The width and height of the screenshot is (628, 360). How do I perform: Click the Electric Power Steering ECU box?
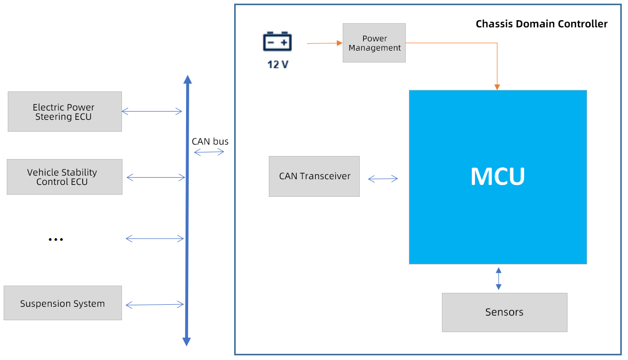65,112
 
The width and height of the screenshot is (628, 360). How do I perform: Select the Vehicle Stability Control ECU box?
65,177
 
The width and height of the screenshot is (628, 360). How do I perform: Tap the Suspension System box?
63,303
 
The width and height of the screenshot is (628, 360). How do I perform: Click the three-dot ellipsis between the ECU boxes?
55,240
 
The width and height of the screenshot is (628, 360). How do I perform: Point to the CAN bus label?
210,142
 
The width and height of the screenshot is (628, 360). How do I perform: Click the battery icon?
278,41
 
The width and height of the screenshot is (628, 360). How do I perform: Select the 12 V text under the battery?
278,65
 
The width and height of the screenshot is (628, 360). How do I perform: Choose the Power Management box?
374,43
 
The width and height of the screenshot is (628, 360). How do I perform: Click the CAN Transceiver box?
314,176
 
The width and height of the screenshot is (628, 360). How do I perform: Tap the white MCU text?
497,177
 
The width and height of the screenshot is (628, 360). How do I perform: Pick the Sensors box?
504,312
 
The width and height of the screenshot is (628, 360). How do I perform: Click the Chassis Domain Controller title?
541,24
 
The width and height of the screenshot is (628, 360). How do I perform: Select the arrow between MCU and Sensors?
498,278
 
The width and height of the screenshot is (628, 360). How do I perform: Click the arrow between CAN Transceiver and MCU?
383,179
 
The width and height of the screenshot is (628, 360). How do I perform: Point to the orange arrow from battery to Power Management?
325,43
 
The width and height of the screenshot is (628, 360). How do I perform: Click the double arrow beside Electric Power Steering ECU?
151,111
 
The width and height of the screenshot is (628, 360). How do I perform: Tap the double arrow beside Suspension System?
155,305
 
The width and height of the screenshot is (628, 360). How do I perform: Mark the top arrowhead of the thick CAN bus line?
188,80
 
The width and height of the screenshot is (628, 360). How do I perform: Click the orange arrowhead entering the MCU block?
497,87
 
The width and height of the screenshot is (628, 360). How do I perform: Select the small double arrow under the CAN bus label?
209,152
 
